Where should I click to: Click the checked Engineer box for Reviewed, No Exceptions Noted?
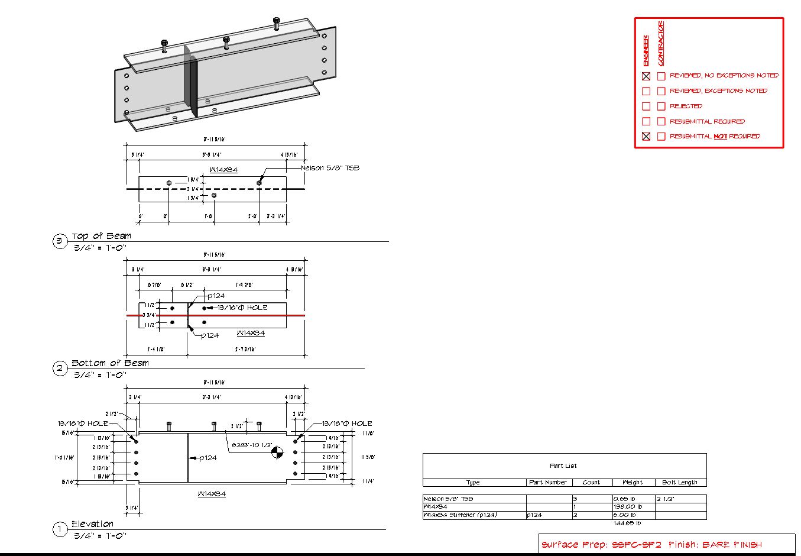(x=646, y=76)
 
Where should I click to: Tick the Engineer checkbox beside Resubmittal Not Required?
(x=646, y=137)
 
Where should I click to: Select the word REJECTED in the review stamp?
(x=686, y=106)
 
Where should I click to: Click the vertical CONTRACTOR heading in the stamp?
(x=661, y=44)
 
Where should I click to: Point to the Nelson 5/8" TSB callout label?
(x=330, y=168)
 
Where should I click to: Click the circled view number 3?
(x=60, y=241)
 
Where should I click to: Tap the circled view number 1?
(x=60, y=529)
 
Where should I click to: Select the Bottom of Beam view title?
(x=110, y=363)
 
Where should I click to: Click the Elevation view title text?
(x=92, y=524)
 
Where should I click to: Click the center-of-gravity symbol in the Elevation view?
(x=277, y=454)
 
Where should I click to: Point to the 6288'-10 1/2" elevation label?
(x=252, y=445)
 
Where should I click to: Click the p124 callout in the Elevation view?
(x=207, y=458)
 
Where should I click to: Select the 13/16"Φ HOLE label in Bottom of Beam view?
(x=242, y=308)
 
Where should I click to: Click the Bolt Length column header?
(x=680, y=483)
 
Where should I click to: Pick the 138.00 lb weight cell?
(x=628, y=507)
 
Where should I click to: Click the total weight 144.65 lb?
(x=627, y=523)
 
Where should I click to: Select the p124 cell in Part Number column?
(x=535, y=515)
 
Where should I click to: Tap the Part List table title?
(x=563, y=466)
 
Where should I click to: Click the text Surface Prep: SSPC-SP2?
(x=601, y=545)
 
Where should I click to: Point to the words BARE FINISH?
(x=732, y=545)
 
